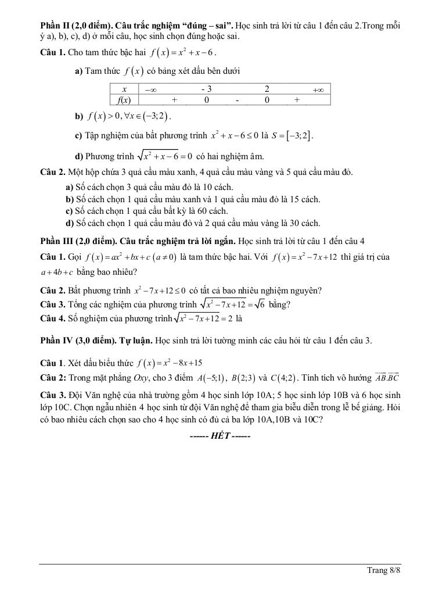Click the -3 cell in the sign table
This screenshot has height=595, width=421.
[206, 89]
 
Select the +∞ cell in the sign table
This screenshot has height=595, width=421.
[317, 89]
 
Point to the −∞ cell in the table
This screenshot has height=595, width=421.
[150, 89]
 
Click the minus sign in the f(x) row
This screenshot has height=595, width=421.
[237, 100]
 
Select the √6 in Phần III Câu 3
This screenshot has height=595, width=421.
[272, 304]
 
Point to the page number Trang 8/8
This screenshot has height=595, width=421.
[384, 571]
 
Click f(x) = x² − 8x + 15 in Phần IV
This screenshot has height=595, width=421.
[170, 364]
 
